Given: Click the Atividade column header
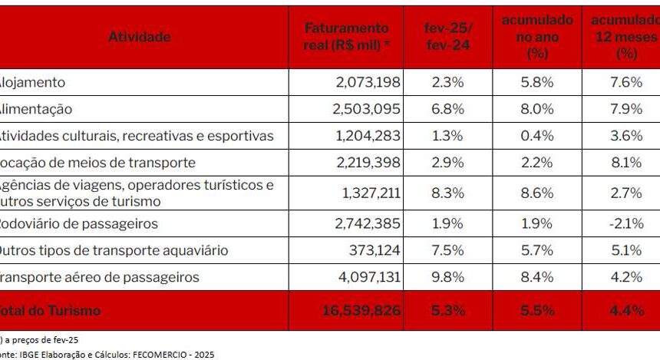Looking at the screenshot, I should point(140,37).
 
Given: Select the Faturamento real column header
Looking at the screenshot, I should point(347,37).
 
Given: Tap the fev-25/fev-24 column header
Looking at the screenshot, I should point(448,37).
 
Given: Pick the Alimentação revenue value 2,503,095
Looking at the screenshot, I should point(366,109).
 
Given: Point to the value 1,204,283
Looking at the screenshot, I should point(366,136).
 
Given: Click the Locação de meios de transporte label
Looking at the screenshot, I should point(97,163).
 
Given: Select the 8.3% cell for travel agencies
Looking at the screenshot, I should point(448,193).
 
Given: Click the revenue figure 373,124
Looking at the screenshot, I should point(375,251).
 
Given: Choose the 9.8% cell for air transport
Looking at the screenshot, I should point(448,277).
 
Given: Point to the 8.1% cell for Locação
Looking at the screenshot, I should point(628,163).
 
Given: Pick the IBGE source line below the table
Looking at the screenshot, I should point(107,355).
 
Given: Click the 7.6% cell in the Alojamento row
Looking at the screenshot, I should point(628,82).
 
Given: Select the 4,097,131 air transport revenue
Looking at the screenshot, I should point(366,277).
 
